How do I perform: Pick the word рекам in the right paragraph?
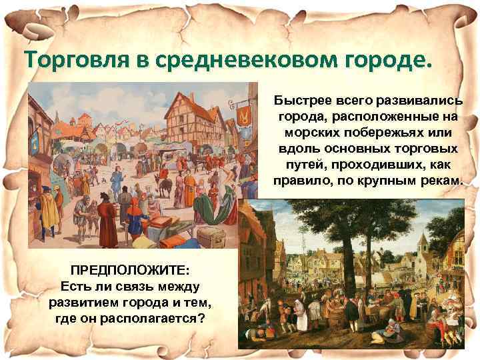click(440, 181)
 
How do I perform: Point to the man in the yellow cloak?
click(49, 208)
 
